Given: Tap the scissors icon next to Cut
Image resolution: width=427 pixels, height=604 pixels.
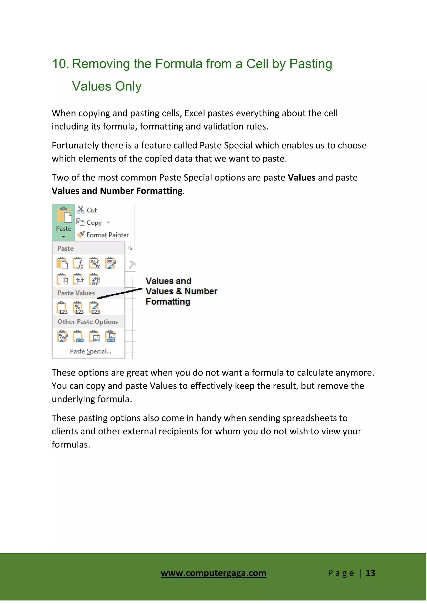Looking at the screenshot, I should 80,210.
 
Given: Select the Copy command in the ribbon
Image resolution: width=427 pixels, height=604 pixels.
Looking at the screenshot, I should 94,223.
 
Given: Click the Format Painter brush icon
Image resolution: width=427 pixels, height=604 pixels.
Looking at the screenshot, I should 81,234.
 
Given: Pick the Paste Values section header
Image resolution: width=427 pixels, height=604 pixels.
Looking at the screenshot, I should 76,293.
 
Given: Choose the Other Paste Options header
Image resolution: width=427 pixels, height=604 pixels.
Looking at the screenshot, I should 88,322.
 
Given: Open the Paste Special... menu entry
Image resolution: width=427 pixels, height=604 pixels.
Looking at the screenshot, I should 90,352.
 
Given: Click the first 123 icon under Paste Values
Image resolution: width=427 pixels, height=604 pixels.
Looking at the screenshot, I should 62,308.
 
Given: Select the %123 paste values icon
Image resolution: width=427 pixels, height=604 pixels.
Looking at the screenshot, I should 78,308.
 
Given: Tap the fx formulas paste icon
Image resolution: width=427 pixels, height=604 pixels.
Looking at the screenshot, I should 78,263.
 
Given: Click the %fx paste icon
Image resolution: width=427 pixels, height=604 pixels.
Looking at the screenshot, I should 94,263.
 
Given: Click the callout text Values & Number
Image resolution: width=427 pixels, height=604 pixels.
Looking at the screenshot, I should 181,291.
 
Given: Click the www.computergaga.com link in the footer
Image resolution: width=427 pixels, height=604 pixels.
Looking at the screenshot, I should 213,573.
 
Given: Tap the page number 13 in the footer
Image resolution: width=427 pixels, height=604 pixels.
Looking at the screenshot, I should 370,573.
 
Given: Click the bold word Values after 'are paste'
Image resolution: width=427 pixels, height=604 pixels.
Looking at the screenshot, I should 301,178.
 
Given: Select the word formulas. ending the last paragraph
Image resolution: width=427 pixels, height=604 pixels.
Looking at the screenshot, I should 71,445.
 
